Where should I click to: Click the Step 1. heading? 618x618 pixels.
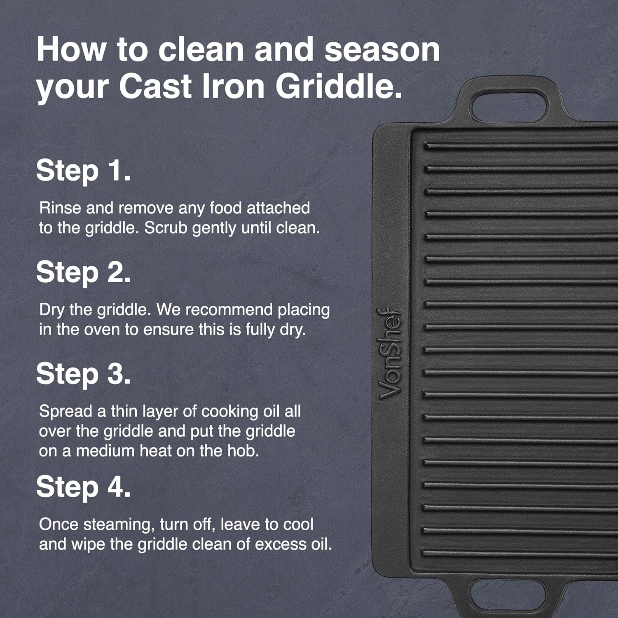(84, 171)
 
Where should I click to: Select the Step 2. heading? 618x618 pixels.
(84, 273)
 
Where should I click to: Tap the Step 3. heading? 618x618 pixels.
(84, 374)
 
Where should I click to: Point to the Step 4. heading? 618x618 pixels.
(84, 487)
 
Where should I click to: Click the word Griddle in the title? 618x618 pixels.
(339, 87)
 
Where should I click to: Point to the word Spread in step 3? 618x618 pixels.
(65, 412)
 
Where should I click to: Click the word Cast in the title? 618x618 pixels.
(156, 87)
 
